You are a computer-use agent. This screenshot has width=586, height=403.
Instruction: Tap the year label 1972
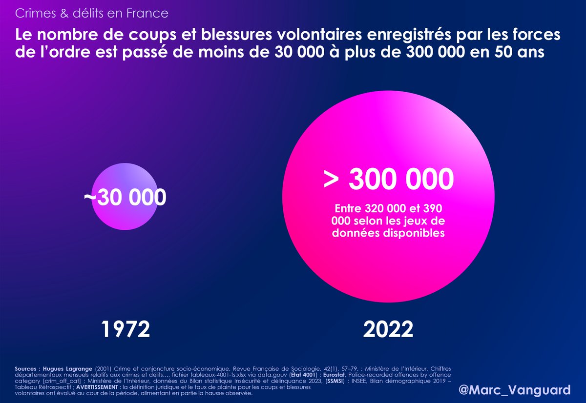126,330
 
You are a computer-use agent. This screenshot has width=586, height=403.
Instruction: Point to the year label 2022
388,330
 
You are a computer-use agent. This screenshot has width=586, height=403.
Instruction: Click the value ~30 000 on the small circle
125,198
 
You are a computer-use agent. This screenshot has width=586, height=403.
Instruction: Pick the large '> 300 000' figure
388,179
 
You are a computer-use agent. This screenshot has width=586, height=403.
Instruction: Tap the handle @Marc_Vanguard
515,390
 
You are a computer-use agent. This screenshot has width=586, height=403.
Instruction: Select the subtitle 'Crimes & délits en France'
92,13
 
